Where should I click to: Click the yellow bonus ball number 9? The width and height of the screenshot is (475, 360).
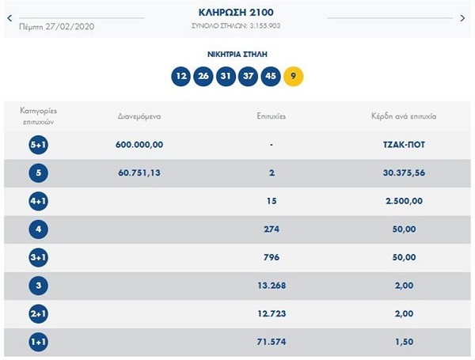click(294, 76)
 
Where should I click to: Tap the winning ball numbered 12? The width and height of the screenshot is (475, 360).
click(181, 76)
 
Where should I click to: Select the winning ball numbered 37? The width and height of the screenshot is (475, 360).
click(249, 76)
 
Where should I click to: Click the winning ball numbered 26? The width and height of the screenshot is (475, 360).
click(204, 76)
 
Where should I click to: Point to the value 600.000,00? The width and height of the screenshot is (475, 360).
click(139, 145)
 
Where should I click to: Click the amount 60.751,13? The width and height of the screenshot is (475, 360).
click(139, 173)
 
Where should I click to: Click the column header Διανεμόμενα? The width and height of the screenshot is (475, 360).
click(139, 116)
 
